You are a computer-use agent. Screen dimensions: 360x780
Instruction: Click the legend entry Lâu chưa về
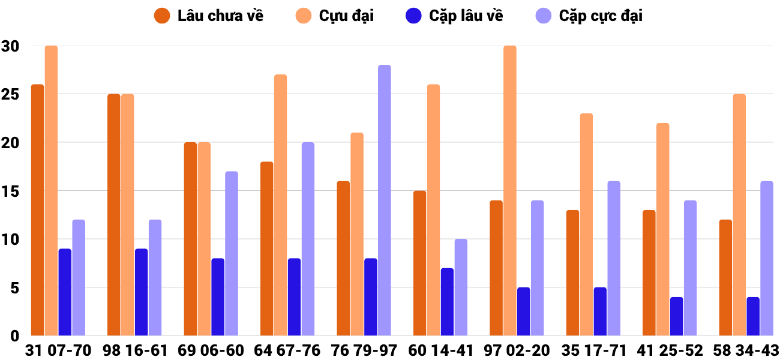point(209,16)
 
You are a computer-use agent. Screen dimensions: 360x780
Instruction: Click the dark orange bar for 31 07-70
point(37,210)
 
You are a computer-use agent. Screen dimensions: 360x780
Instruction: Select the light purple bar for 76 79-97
point(385,200)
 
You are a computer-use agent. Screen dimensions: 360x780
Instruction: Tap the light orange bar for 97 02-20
point(510,191)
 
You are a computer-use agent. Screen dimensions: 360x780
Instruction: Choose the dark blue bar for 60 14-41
point(447,302)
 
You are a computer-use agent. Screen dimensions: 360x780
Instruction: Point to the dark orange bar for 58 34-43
point(725,278)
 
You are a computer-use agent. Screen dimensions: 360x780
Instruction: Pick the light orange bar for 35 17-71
point(586,224)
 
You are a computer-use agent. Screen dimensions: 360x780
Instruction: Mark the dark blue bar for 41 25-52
point(676,316)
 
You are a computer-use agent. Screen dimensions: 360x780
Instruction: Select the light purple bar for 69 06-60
point(232,253)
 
